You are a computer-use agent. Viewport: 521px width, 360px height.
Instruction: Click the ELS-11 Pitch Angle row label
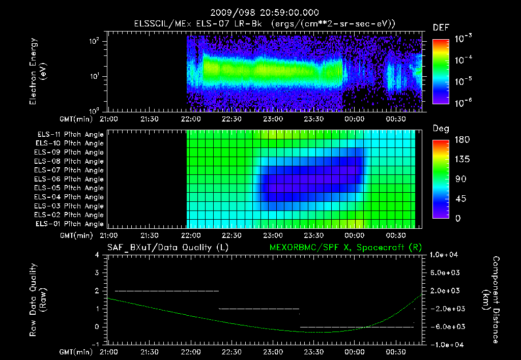point(70,135)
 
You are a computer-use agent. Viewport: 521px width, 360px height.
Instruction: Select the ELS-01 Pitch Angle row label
point(70,224)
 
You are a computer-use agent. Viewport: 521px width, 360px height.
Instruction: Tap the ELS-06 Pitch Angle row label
point(70,179)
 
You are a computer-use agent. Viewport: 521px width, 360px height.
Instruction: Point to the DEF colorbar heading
point(441,28)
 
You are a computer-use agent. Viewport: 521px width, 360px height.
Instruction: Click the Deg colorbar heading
point(441,129)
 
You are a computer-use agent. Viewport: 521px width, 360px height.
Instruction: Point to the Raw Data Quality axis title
point(38,300)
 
